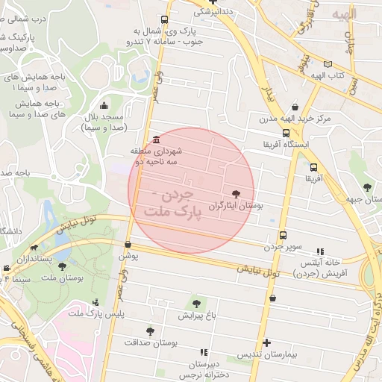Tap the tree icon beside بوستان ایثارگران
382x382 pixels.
coord(237,193)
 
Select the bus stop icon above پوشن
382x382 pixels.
coord(128,244)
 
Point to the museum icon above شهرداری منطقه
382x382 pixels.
coord(155,140)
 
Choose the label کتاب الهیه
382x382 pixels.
coord(328,76)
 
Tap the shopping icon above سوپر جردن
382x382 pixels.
coord(282,236)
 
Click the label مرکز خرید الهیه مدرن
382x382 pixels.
coord(296,119)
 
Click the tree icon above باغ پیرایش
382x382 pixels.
coord(196,304)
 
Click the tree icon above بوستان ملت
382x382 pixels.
coord(63,266)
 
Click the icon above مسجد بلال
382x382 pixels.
coord(102,105)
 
